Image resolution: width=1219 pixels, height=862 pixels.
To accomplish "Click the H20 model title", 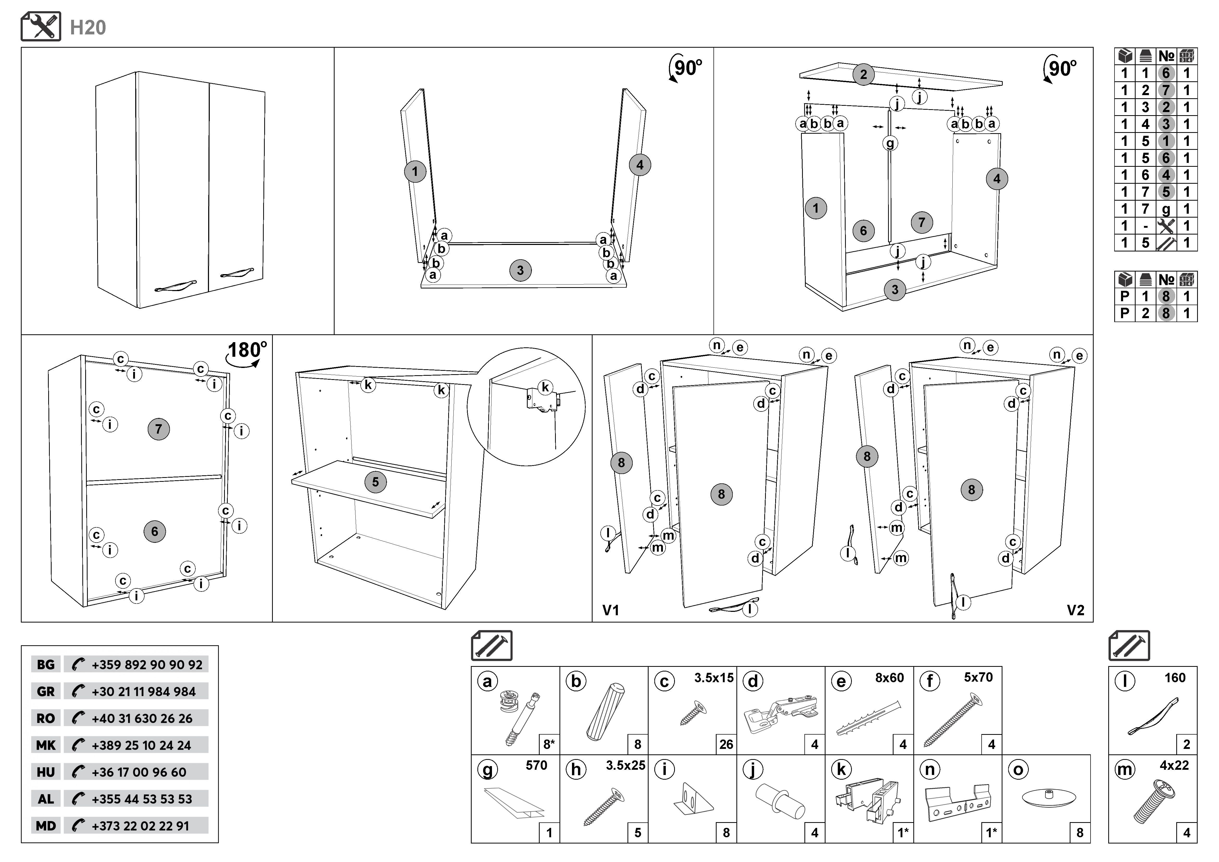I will [x=88, y=28].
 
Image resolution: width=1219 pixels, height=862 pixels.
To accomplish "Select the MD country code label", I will [x=46, y=826].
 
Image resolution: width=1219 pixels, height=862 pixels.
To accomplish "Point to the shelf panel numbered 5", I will [x=375, y=482].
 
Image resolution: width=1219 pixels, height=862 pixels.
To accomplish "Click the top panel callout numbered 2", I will [x=863, y=74].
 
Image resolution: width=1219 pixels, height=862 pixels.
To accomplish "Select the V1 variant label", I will [x=611, y=610].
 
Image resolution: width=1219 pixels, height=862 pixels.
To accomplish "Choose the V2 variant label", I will [x=1076, y=610].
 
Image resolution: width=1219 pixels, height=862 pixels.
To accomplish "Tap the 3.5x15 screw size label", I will [x=713, y=678].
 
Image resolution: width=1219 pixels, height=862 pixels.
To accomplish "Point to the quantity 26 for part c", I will [x=726, y=745].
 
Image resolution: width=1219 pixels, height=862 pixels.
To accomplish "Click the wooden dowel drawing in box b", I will [x=605, y=711].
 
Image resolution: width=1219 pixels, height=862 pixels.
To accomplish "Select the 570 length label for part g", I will [x=536, y=765].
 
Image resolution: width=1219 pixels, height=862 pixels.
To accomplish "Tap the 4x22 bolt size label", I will [x=1174, y=765].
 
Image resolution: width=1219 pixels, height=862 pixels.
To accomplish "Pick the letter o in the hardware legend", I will [x=1018, y=770].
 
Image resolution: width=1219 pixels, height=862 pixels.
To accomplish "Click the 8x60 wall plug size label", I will [x=889, y=678].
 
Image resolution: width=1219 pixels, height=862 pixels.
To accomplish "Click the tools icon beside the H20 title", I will [x=41, y=27].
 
